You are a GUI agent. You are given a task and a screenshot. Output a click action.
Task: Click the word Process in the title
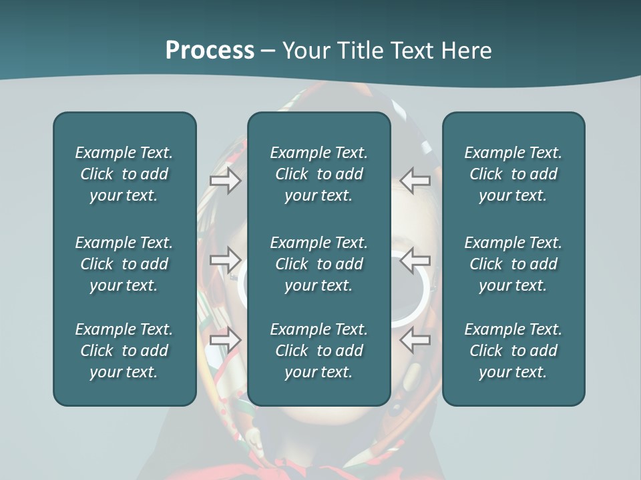tap(210, 51)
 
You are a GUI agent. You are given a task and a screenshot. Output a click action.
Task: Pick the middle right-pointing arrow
tap(225, 260)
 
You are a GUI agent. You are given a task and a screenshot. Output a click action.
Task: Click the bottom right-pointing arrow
tap(225, 340)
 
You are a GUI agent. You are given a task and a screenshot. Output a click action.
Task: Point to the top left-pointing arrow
tap(415, 181)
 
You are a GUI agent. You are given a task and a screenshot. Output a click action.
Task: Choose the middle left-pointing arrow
tap(415, 260)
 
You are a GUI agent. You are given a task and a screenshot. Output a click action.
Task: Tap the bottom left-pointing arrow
tap(415, 340)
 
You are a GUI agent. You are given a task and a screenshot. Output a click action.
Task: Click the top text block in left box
tap(124, 174)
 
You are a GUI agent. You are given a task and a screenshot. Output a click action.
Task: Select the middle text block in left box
tap(124, 264)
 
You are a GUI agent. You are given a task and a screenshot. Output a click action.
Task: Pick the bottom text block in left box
tap(124, 351)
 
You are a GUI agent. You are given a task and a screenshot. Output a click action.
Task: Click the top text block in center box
tap(318, 174)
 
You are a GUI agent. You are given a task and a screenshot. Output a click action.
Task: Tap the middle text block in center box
tap(318, 264)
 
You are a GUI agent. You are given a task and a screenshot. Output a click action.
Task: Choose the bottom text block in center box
tap(318, 351)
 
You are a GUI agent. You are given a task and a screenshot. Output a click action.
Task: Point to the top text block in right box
tap(513, 174)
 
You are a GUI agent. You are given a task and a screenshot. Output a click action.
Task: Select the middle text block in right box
tap(513, 264)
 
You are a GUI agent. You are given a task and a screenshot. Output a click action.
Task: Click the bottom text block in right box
tap(513, 351)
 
